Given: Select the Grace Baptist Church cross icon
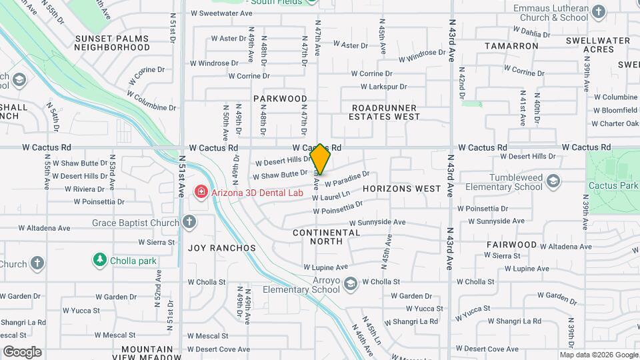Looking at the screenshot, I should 189,221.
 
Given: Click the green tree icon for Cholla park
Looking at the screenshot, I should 100,259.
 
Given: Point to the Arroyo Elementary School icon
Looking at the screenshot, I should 349,285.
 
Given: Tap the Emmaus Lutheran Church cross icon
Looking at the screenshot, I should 598,11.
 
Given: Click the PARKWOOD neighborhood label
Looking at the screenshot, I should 280,98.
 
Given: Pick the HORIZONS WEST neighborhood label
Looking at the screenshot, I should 402,189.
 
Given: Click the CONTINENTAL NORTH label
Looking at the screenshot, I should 326,238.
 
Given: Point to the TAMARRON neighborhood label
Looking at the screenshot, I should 511,46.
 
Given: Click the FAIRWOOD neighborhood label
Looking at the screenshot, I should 511,245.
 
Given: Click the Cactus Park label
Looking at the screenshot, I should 613,185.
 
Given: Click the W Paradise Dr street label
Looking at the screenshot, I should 347,178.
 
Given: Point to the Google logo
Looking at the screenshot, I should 22,351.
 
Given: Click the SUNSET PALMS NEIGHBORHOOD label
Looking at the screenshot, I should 112,43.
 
